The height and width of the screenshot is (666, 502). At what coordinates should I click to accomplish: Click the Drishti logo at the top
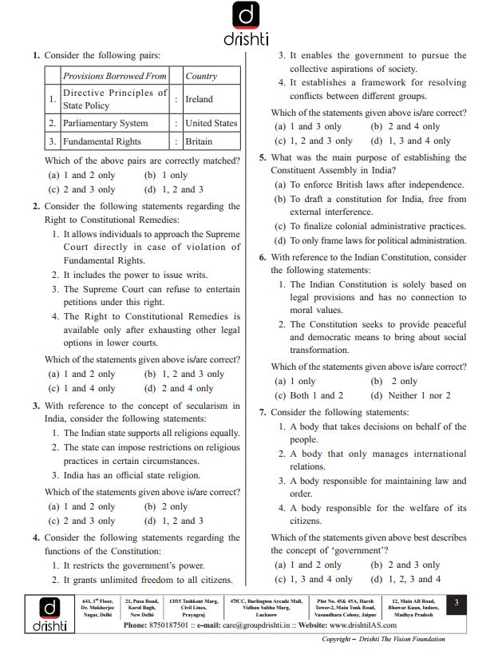point(250,24)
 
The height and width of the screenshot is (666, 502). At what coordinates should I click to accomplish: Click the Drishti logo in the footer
point(49,613)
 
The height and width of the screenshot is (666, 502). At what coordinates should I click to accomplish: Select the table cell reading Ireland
point(199,100)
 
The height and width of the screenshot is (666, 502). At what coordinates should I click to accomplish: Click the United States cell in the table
point(211,123)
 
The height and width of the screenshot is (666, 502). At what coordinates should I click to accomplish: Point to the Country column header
point(201,76)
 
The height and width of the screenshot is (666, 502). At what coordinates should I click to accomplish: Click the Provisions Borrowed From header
point(115,76)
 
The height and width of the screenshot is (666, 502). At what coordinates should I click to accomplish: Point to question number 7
point(263,412)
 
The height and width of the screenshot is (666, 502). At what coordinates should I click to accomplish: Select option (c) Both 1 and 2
point(309,395)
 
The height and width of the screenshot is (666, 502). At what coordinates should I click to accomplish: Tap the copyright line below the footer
point(383,640)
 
